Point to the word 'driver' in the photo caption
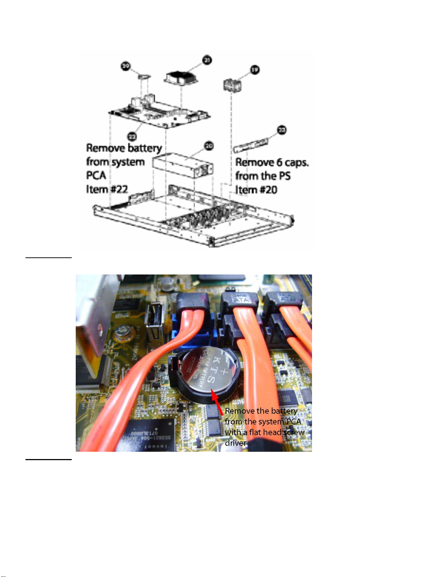[x=236, y=443]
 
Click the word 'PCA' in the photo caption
[x=293, y=422]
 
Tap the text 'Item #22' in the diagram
[x=107, y=189]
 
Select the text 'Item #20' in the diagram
[x=256, y=190]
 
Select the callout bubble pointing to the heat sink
[x=207, y=60]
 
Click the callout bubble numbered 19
[x=255, y=70]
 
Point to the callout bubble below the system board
[x=132, y=137]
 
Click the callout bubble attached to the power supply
[x=209, y=146]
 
